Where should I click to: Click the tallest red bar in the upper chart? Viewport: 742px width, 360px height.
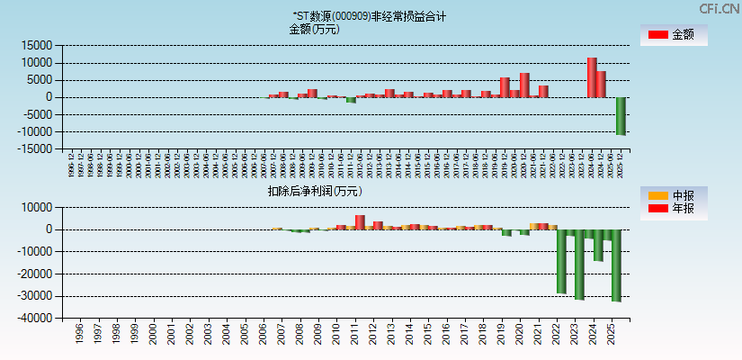591,77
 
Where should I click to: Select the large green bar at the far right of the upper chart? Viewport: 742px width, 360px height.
621,115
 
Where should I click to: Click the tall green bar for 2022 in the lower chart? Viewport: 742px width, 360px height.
562,261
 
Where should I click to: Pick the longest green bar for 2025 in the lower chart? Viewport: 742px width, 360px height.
616,265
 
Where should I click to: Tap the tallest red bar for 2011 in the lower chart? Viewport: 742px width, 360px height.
360,222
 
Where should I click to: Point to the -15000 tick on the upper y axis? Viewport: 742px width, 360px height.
31,149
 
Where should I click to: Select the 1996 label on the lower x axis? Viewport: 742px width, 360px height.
79,336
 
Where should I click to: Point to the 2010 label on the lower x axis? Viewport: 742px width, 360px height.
336,336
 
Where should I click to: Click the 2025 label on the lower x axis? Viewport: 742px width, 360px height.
612,336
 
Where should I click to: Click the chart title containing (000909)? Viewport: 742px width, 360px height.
369,16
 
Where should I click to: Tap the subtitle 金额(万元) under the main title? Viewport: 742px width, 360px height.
314,29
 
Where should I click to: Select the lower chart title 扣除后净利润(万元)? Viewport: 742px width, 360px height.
314,191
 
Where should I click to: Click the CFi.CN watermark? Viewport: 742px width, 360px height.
719,8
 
